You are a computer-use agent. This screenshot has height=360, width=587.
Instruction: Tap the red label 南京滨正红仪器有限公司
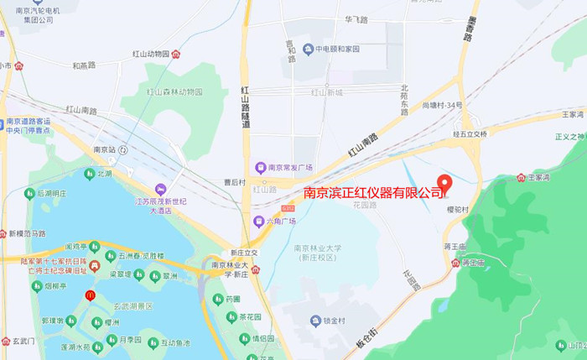(x=374, y=194)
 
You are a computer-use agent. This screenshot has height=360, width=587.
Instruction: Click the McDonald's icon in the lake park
(x=90, y=296)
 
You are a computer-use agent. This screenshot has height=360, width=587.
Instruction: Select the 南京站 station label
(x=104, y=149)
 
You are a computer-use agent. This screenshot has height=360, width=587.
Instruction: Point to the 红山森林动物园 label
(x=174, y=91)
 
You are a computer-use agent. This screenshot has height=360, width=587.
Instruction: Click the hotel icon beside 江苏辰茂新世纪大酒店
(x=159, y=188)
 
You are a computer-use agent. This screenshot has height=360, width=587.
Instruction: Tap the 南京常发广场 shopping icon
(x=260, y=166)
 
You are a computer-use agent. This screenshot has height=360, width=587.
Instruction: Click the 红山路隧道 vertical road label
(x=246, y=107)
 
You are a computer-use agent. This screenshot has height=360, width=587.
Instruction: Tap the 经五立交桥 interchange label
(x=470, y=133)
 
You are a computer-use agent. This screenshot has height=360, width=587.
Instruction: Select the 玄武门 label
(x=23, y=342)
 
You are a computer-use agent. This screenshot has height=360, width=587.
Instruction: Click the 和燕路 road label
(x=84, y=65)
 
